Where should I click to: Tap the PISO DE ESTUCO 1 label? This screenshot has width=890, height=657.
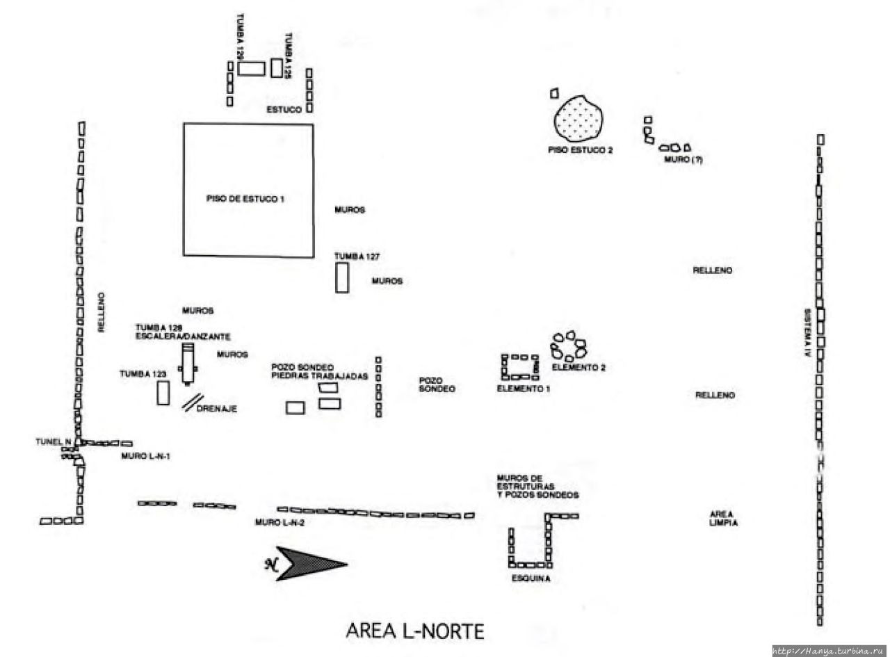tap(245, 199)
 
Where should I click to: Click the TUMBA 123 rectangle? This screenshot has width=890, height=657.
tap(163, 393)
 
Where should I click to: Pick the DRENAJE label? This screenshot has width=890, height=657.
tap(217, 409)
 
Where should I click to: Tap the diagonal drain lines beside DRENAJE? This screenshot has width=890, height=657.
tap(193, 403)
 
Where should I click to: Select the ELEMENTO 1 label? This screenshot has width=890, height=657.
tap(524, 389)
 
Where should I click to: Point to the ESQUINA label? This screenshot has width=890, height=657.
tap(531, 578)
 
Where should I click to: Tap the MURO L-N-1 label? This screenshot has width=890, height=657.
tap(145, 456)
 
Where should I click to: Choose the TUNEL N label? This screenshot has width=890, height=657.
tap(54, 441)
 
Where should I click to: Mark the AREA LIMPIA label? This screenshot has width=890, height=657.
tap(723, 519)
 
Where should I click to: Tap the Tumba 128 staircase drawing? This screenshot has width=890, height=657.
tap(187, 362)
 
